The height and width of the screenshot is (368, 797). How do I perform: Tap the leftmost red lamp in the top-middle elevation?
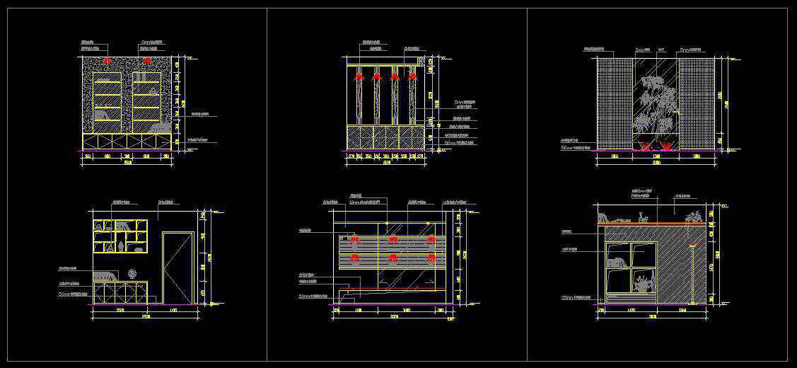(359, 75)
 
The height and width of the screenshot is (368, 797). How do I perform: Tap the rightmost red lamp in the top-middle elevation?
(412, 75)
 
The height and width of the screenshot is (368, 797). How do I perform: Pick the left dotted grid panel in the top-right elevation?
(613, 104)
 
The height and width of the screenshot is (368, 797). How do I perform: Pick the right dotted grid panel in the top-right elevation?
(698, 104)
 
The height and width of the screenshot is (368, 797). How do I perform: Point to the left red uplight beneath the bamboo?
(644, 146)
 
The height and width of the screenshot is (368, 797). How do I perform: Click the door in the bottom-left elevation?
(178, 267)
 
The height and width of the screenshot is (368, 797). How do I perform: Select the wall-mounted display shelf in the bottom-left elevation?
(120, 236)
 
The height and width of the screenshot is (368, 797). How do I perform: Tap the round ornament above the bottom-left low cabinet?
(132, 273)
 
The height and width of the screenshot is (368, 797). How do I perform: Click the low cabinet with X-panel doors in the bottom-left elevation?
(119, 292)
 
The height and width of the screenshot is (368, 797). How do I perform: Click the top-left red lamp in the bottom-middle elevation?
(354, 240)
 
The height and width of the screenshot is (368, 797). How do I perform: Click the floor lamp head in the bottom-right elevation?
(693, 246)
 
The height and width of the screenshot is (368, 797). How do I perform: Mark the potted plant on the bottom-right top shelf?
(694, 217)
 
